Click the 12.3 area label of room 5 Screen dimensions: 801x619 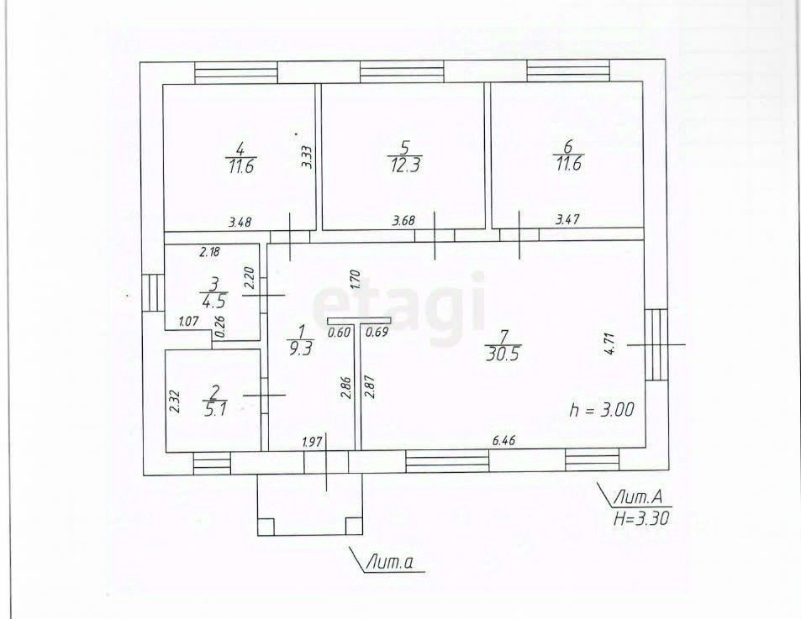coord(403,165)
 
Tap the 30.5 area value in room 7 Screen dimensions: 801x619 coord(503,354)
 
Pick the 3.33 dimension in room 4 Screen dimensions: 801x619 coord(307,158)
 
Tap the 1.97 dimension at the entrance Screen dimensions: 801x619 coord(313,440)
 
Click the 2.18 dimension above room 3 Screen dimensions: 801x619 coord(210,251)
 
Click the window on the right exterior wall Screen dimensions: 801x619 coord(655,344)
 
